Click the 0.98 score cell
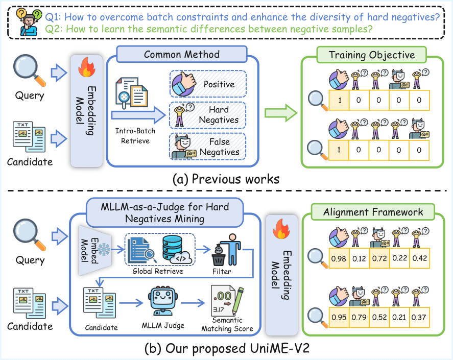coord(339,258)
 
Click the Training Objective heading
coord(371,55)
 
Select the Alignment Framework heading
coord(373,212)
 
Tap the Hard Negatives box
coord(208,114)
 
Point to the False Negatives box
coord(208,147)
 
